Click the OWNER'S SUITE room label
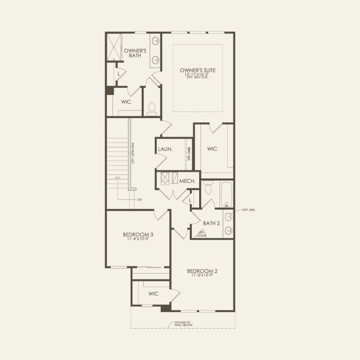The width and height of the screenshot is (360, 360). point(198,70)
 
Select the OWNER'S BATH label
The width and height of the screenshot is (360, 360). point(135,53)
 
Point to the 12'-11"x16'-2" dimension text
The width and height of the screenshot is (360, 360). point(198,75)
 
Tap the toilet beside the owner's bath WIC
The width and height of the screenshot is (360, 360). point(152,109)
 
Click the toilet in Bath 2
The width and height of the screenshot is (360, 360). point(209,188)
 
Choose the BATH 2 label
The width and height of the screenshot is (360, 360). point(212,223)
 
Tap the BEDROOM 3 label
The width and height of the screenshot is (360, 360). point(138,235)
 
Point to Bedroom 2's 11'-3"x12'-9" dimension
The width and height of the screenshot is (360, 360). point(202,275)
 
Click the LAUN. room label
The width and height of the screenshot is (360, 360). point(165,149)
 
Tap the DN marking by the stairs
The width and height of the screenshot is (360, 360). point(139,200)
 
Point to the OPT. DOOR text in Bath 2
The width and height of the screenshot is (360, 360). point(202,234)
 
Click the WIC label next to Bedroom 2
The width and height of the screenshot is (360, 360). point(153,294)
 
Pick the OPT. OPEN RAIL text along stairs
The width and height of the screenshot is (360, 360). point(134,153)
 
